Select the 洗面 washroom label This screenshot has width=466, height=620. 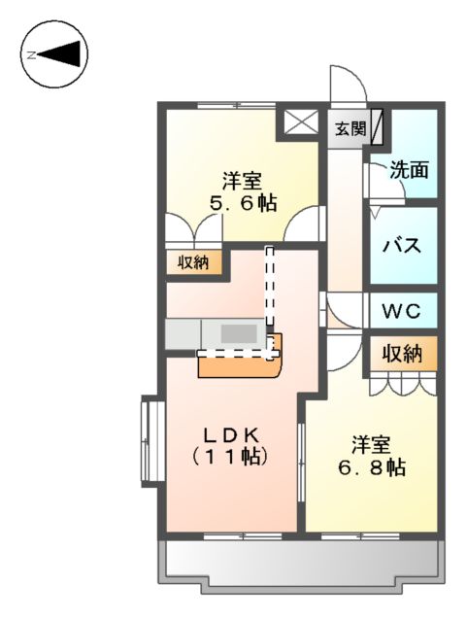click(409, 170)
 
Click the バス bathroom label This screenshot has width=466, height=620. click(401, 244)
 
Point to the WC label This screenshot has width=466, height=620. click(400, 312)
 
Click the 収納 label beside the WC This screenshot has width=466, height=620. click(401, 354)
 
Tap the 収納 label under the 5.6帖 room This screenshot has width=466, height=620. click(193, 261)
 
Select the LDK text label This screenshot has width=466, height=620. click(229, 432)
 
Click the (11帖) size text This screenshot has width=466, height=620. click(229, 455)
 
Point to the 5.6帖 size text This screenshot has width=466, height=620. click(244, 203)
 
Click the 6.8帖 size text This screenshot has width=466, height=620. click(372, 467)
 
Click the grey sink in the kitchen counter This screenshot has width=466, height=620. click(236, 333)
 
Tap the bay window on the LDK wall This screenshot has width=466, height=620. click(150, 440)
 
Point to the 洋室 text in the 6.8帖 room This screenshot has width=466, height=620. click(371, 445)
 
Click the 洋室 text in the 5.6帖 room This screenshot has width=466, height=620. click(243, 181)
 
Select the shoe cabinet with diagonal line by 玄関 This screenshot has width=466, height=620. click(377, 127)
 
